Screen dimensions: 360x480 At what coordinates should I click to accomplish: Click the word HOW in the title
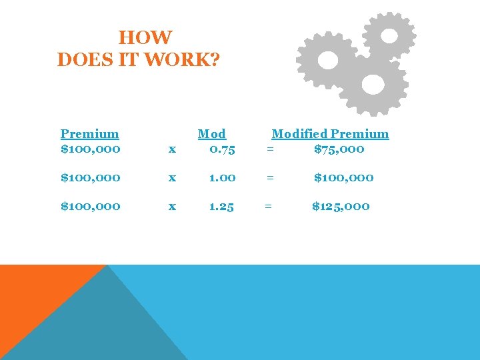(145, 38)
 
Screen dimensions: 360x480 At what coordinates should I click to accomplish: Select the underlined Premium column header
(89, 134)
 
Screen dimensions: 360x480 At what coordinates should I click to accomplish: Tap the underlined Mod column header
(212, 134)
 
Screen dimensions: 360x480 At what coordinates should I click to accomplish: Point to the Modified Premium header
(330, 134)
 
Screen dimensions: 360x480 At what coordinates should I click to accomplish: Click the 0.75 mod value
(221, 149)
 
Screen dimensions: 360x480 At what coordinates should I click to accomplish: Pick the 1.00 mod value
(221, 178)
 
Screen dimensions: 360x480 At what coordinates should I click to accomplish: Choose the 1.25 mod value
(221, 207)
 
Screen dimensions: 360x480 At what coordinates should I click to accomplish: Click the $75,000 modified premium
(339, 149)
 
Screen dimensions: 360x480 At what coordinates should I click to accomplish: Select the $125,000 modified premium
(341, 207)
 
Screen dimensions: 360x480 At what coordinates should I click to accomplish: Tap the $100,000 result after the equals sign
(344, 178)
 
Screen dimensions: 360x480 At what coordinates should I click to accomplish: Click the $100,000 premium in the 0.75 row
(91, 149)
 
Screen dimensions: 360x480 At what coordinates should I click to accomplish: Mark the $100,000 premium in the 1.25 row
(91, 207)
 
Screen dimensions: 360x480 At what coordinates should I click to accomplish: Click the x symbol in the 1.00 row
(172, 178)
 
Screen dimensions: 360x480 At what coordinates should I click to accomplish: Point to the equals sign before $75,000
(269, 149)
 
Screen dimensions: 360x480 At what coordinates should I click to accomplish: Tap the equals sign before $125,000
(268, 207)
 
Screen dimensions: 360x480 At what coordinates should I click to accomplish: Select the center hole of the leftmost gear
(328, 61)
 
